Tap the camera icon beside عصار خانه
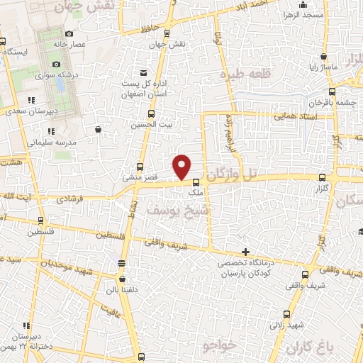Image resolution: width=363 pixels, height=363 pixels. coord(69,33)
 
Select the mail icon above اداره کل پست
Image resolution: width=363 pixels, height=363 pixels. coord(144,72)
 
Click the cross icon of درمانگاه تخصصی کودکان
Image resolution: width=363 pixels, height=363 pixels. coord(245,252)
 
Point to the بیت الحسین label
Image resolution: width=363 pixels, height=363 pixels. coord(148,125)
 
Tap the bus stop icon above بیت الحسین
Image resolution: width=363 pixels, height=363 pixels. coord(150,113)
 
